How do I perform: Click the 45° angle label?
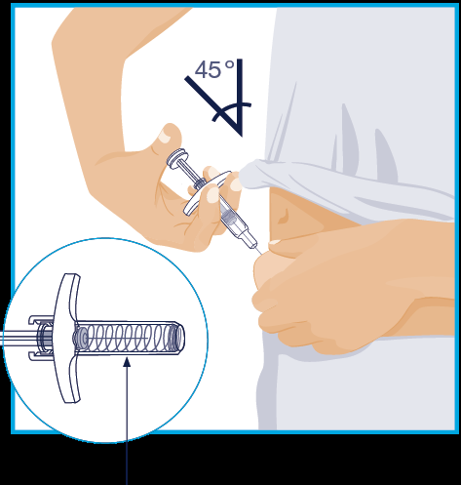click(x=214, y=69)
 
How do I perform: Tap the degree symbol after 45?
click(x=230, y=64)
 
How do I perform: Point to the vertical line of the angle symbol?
click(x=240, y=98)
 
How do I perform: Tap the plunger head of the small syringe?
click(x=177, y=157)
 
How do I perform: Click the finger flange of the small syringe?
click(x=207, y=193)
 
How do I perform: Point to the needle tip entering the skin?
click(x=262, y=254)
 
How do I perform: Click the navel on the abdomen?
click(x=284, y=216)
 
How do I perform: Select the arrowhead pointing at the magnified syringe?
click(x=128, y=362)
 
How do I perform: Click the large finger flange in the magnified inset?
click(x=66, y=339)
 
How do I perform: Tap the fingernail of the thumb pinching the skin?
click(x=275, y=242)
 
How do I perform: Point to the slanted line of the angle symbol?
click(x=213, y=106)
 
